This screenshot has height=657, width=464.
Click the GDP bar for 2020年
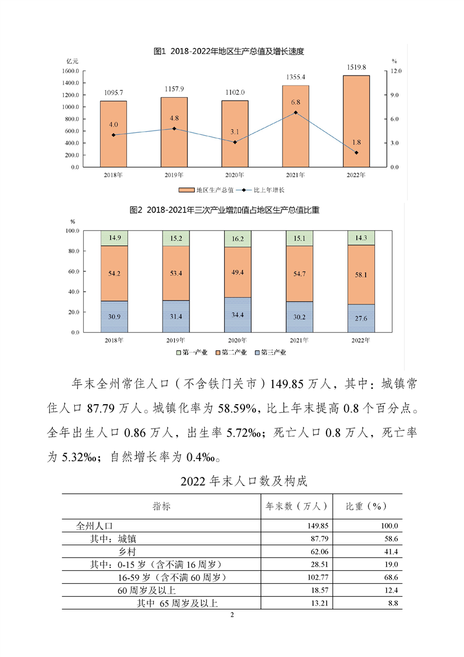pos(235,134)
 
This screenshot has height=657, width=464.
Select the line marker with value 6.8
pos(295,112)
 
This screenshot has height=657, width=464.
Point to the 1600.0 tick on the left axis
pos(70,71)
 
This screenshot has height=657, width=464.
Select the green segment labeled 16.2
pos(235,239)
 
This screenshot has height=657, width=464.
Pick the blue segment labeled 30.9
pos(114,317)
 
